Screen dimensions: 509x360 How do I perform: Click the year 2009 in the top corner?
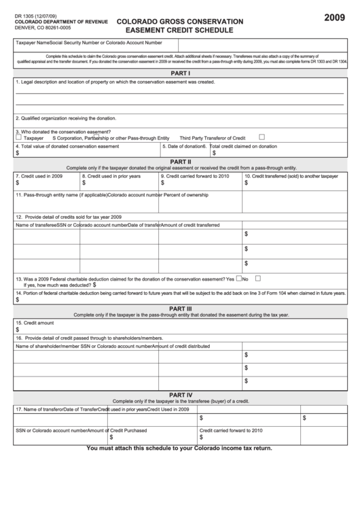(335, 17)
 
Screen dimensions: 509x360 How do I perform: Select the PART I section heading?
(180, 73)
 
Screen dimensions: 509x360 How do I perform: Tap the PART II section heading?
(180, 161)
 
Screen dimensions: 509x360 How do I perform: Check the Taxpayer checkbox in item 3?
(18, 137)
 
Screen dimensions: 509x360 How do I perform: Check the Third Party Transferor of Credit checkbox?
(262, 137)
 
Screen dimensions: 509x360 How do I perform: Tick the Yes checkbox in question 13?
(238, 278)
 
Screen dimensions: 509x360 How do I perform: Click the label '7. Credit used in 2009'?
(39, 176)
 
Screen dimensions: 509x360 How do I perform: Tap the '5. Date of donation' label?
(183, 146)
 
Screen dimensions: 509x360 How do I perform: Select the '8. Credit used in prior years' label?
(111, 176)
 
